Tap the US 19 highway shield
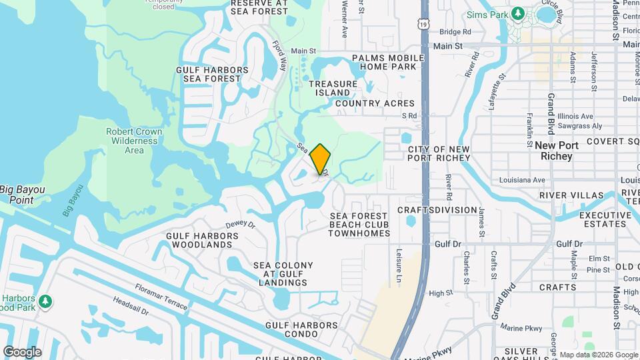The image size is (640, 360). coord(424,24)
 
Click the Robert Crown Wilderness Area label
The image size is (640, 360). coord(134,141)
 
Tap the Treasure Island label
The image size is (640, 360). coord(329,88)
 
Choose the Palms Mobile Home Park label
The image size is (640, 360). coord(388,62)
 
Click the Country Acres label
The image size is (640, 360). coord(375,103)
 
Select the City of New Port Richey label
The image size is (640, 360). coord(439,153)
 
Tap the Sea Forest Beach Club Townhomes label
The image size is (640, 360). coord(359,225)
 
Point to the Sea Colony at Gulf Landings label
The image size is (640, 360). coord(283,274)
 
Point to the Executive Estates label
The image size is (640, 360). coord(605,220)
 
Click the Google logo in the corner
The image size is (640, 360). coord(22,352)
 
